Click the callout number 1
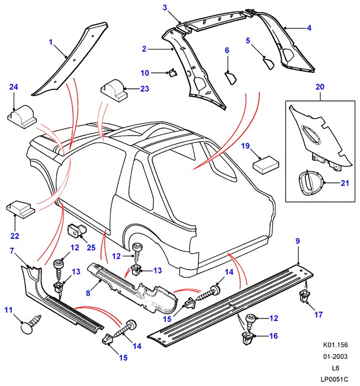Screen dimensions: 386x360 pyautogui.click(x=51, y=41)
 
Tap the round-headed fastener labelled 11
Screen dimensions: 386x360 pyautogui.click(x=28, y=326)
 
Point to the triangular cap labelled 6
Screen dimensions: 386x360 pyautogui.click(x=230, y=77)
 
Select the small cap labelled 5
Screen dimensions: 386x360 pyautogui.click(x=269, y=62)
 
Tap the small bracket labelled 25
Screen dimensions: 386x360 pyautogui.click(x=76, y=230)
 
